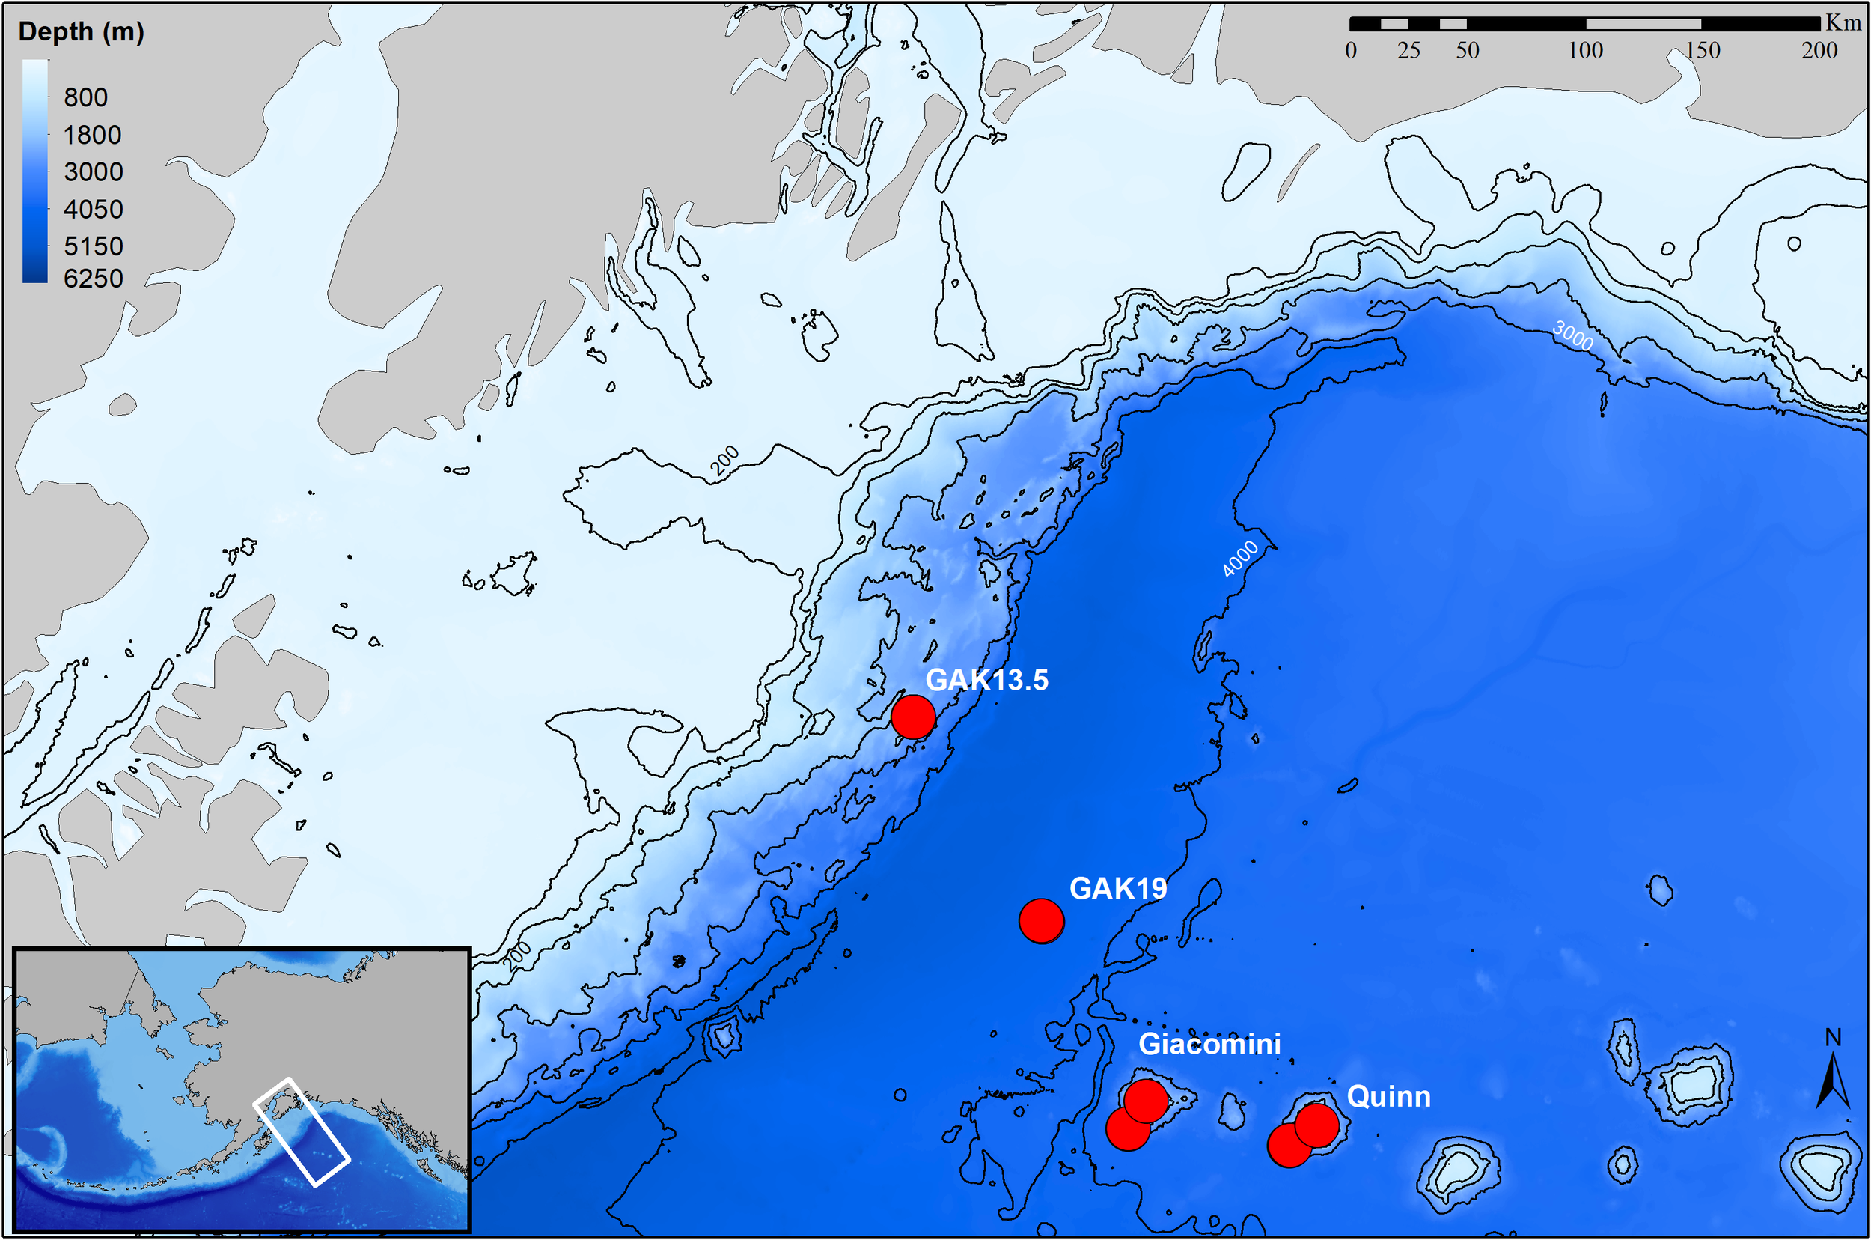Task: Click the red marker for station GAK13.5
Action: click(913, 717)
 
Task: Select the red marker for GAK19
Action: click(1041, 920)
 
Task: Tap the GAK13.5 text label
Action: click(986, 680)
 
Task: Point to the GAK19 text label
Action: click(1117, 888)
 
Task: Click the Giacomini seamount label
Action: click(1209, 1044)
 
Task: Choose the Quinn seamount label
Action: click(1388, 1097)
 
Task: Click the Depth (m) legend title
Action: click(81, 31)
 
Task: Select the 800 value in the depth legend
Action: click(85, 97)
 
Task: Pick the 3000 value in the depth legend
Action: click(94, 171)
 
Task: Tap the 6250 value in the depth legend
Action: click(94, 279)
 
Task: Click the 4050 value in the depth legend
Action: click(94, 210)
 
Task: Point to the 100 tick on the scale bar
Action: click(1585, 51)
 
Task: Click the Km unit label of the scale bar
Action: click(1843, 23)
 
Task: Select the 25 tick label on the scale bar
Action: click(1408, 51)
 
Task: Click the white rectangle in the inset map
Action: click(301, 1131)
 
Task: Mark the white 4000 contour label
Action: click(1239, 559)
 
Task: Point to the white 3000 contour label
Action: click(1572, 336)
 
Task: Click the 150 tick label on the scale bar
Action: click(1702, 51)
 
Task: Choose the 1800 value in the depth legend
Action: click(93, 136)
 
